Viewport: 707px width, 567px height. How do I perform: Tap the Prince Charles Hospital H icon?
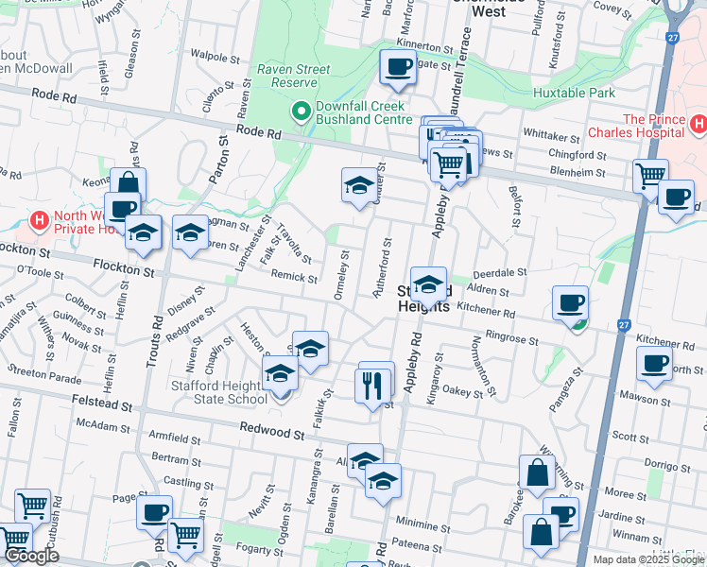coord(698,124)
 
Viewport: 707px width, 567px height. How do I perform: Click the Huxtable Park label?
coord(574,93)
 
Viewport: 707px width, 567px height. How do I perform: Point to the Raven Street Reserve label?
coord(294,76)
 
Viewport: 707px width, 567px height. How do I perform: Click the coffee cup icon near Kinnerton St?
coord(397,66)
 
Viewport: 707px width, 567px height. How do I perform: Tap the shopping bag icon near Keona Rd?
coord(128,184)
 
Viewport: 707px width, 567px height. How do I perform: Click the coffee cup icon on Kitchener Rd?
coord(570,302)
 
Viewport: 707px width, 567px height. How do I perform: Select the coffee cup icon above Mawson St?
coord(654,364)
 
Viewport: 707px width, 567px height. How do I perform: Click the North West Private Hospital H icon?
coord(40,221)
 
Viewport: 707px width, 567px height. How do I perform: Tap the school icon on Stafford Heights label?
coord(428,283)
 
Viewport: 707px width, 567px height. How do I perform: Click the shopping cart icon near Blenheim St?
coord(650,176)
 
